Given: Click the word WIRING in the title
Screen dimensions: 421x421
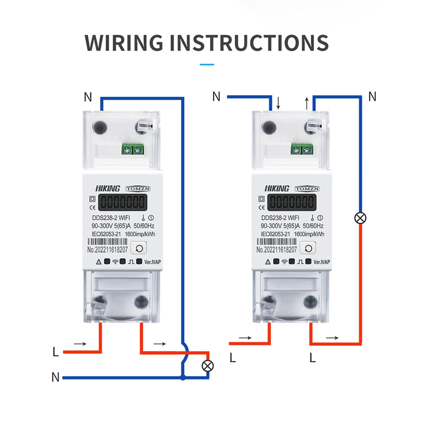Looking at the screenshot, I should point(124,43).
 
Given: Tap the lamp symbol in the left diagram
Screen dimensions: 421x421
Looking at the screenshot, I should point(208,366).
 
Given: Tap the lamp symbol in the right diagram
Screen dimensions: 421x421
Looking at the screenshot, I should point(360,218).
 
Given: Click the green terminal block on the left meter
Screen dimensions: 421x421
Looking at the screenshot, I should point(133,149).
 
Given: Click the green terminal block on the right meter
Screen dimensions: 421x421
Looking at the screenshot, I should point(302,149).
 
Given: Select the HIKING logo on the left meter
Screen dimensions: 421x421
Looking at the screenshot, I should point(108,188).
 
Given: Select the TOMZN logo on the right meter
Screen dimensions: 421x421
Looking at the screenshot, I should point(307,189).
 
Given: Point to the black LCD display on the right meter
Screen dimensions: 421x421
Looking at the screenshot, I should point(292,202).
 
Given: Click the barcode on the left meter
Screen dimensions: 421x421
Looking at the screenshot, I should point(107,241).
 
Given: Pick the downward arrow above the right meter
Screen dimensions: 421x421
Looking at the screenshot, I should point(278,103).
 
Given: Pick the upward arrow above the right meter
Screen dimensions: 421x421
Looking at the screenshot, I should point(307,103).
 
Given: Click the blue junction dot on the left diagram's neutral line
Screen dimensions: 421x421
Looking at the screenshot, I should point(182,378).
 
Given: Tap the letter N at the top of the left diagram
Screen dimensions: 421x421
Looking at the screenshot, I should point(88,97).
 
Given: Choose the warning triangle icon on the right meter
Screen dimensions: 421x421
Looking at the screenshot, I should point(268,262).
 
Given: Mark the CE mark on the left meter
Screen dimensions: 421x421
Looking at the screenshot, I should point(93,207).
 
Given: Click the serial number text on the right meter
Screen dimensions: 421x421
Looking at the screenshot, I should point(276,250).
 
